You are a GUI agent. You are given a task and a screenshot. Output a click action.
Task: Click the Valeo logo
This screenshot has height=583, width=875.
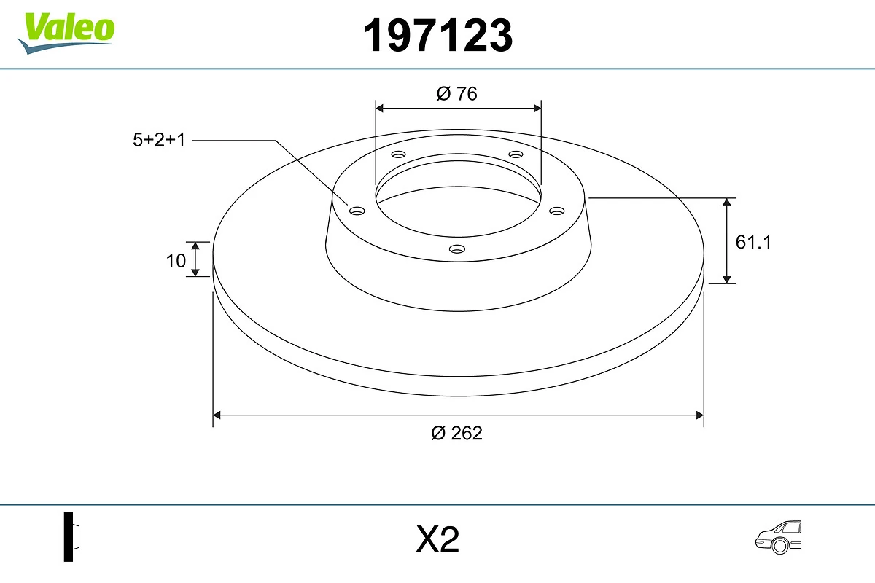click(x=66, y=31)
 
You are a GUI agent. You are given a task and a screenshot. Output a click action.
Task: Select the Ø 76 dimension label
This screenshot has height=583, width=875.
click(x=457, y=94)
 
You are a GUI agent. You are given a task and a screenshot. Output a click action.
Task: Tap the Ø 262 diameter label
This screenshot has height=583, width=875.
click(x=457, y=433)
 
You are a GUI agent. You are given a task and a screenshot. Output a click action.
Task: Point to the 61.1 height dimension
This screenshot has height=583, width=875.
click(x=752, y=242)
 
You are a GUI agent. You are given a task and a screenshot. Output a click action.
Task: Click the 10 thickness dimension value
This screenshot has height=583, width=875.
click(x=176, y=260)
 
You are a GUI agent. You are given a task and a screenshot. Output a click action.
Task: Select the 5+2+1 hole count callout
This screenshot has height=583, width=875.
click(x=159, y=140)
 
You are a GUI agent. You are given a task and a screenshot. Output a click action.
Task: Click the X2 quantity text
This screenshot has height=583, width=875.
click(x=437, y=540)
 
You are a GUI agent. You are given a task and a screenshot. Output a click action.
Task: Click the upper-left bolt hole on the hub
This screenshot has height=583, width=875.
click(x=398, y=154)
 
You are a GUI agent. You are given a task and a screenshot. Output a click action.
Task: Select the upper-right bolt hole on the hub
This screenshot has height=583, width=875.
click(x=516, y=154)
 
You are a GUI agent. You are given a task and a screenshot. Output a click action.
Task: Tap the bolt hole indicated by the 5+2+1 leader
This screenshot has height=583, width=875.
click(x=357, y=211)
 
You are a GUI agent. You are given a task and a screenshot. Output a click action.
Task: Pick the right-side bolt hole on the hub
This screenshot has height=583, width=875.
click(x=557, y=211)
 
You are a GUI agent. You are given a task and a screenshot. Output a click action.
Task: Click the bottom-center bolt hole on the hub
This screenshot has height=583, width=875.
click(x=457, y=249)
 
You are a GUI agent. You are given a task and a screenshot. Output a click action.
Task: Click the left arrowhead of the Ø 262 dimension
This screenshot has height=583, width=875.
click(x=217, y=415)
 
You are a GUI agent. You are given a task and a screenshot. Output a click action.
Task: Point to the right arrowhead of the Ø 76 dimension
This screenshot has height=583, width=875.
click(x=537, y=108)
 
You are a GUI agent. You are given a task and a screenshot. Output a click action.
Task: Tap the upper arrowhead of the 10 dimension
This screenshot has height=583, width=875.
click(x=195, y=246)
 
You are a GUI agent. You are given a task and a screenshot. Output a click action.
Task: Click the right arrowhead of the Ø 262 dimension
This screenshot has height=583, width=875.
click(x=699, y=415)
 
